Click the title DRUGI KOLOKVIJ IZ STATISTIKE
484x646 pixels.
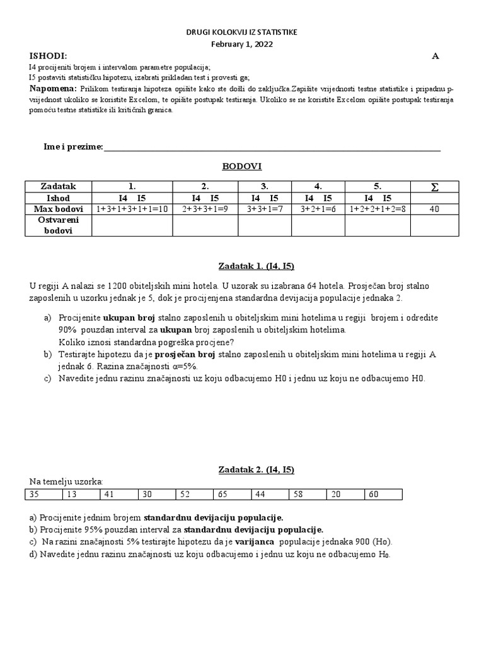tap(242, 32)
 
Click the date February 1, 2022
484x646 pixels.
tap(242, 43)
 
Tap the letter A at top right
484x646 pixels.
tap(434, 56)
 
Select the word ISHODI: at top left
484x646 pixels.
tap(48, 56)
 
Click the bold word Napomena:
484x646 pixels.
tap(54, 88)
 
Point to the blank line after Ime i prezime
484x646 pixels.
tap(272, 147)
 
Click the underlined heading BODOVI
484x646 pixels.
tap(241, 167)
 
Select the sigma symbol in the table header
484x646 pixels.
tap(434, 187)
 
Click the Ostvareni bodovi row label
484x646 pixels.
tap(58, 225)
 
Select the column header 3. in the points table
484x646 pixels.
tap(265, 187)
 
